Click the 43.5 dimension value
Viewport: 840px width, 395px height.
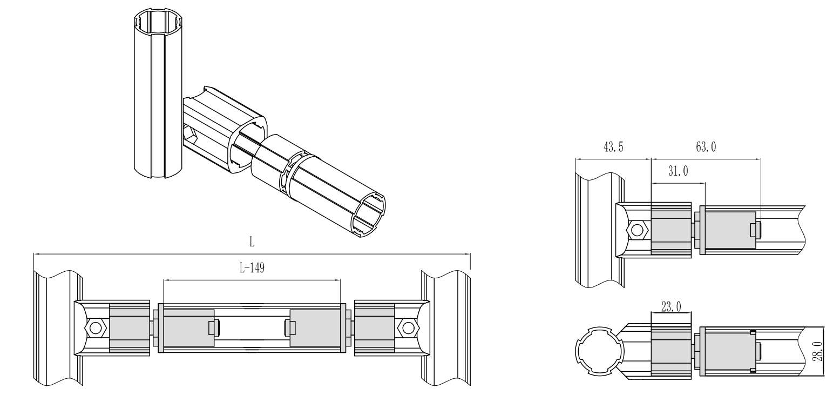point(613,147)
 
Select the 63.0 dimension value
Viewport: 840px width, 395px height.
point(706,147)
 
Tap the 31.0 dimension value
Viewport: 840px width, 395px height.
point(678,171)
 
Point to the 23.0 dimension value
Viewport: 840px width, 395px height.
point(671,307)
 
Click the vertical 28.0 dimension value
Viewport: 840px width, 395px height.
point(818,351)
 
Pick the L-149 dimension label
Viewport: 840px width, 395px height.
point(252,267)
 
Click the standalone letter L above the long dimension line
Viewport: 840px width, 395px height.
point(252,242)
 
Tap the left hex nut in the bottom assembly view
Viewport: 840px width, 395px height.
point(96,328)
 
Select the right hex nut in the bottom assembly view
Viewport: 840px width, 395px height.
point(408,328)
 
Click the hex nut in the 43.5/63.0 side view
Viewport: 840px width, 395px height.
point(637,230)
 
